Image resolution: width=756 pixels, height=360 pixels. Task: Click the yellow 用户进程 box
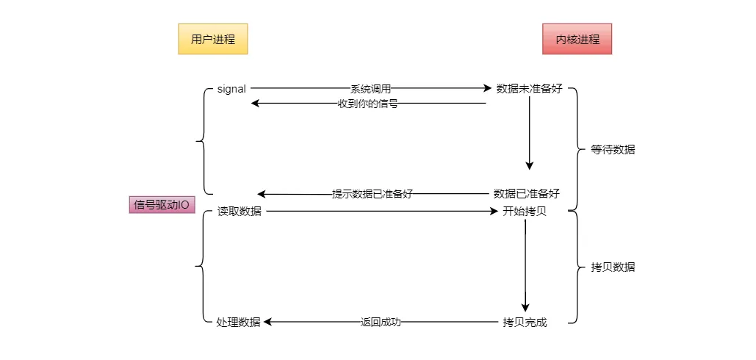213,39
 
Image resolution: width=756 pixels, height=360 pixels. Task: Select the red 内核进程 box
577,39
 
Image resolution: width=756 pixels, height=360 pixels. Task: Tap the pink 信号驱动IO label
162,205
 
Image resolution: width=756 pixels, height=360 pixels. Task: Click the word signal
231,89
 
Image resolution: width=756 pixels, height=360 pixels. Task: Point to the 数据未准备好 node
529,89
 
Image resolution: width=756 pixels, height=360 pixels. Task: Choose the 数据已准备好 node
527,194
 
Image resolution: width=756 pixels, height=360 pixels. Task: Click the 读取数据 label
240,212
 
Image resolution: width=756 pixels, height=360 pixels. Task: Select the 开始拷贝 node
525,212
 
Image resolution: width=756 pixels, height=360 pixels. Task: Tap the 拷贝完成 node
525,322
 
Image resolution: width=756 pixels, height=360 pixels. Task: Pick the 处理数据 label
239,322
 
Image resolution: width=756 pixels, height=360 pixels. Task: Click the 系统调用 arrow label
370,89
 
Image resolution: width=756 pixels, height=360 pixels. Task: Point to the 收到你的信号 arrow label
367,104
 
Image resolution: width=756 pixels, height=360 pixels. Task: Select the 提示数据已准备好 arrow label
372,194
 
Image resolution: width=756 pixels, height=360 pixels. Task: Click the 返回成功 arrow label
381,322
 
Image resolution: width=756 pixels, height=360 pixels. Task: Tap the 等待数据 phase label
613,149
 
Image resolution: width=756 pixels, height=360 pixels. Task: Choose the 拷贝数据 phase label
613,267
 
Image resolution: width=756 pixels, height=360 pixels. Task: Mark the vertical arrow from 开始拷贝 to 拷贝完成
525,264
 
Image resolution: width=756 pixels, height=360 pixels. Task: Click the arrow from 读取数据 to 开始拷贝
382,212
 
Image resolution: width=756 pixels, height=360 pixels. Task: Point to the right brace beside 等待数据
575,149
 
